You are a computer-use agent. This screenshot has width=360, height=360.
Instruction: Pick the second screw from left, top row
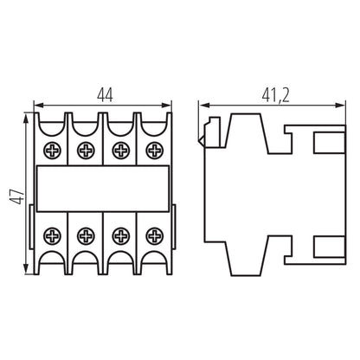coord(86,151)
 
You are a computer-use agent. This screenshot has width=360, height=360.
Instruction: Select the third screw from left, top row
coord(119,151)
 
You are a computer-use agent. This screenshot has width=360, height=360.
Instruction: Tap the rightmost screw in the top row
coord(153,151)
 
